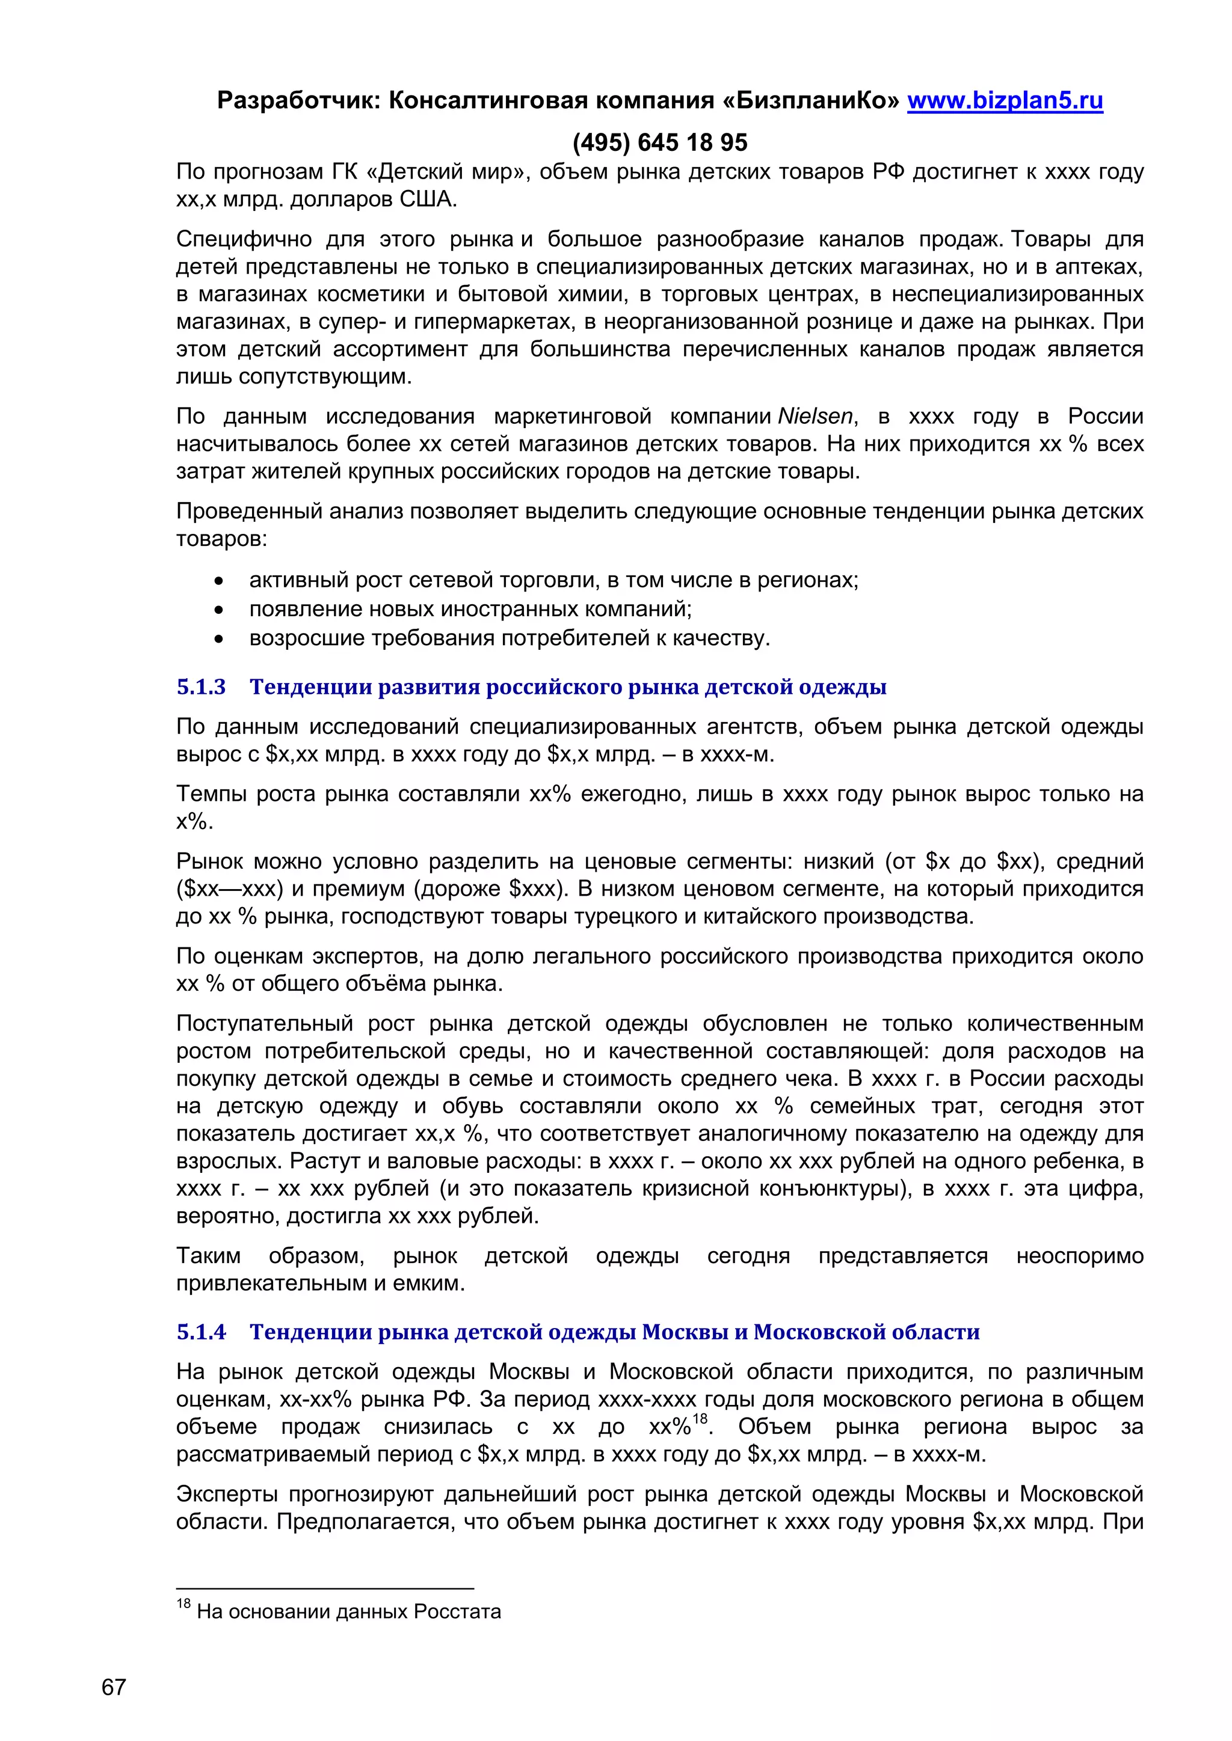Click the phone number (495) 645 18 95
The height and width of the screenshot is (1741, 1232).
[x=659, y=142]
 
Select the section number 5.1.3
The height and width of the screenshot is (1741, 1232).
[x=201, y=687]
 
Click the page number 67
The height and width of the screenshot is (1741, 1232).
[x=113, y=1687]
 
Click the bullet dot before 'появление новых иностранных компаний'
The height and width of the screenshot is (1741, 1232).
[x=219, y=610]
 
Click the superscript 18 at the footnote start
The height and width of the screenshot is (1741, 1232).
[x=183, y=1604]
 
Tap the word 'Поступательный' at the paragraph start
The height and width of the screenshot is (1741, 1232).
[x=265, y=1024]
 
